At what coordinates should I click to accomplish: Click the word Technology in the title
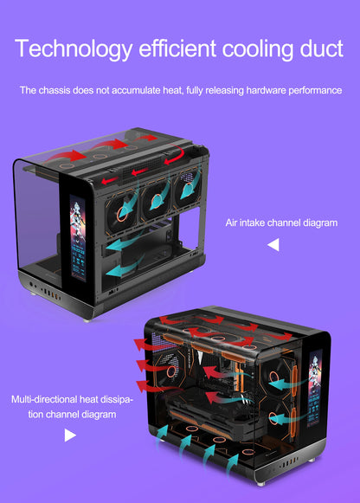click(x=73, y=48)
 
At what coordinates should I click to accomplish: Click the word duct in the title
click(x=316, y=48)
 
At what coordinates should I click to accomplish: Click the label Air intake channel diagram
click(x=281, y=222)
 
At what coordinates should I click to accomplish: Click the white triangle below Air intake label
click(x=273, y=246)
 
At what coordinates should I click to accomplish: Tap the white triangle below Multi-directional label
click(x=70, y=435)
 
